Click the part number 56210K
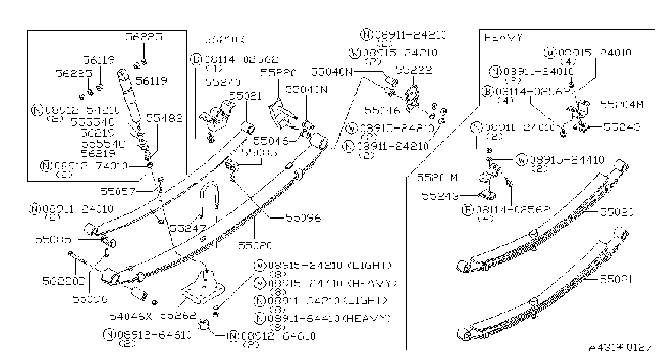coord(225,40)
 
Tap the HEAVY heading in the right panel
coord(504,37)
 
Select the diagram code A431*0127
coord(621,347)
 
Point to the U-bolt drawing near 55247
coord(209,199)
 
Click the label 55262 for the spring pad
coord(178,316)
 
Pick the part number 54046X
coord(131,316)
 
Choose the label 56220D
coord(64,281)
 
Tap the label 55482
coord(164,118)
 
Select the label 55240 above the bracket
coord(223,82)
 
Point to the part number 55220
coord(278,72)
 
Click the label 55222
coord(414,70)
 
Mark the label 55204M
coord(622,104)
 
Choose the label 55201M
coord(437,177)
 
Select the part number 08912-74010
coord(91,166)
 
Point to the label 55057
coord(118,192)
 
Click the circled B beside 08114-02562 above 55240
coord(196,59)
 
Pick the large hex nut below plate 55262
coord(203,324)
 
